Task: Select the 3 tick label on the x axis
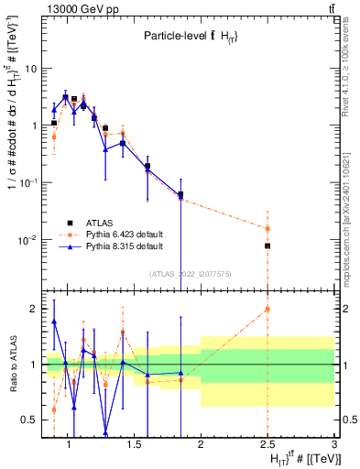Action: [x=334, y=445]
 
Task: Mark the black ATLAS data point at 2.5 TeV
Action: [x=267, y=245]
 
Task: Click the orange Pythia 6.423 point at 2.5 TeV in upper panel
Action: [x=267, y=228]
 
